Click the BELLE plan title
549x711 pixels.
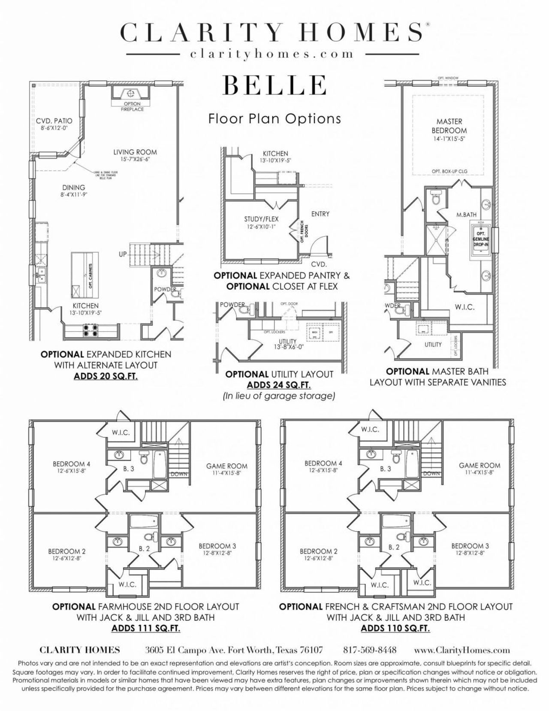(274, 85)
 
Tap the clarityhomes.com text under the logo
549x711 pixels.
(272, 54)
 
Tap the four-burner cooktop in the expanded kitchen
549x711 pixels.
(91, 330)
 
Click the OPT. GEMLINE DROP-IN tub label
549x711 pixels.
(481, 239)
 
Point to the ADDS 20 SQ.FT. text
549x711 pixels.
(106, 376)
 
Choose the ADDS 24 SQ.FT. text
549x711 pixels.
(279, 385)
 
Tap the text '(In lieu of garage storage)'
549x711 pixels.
(279, 396)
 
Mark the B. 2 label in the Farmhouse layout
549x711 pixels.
(144, 548)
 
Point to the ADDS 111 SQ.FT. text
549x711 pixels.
(145, 629)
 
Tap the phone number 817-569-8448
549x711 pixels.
(370, 650)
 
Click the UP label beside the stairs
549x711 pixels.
(123, 254)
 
